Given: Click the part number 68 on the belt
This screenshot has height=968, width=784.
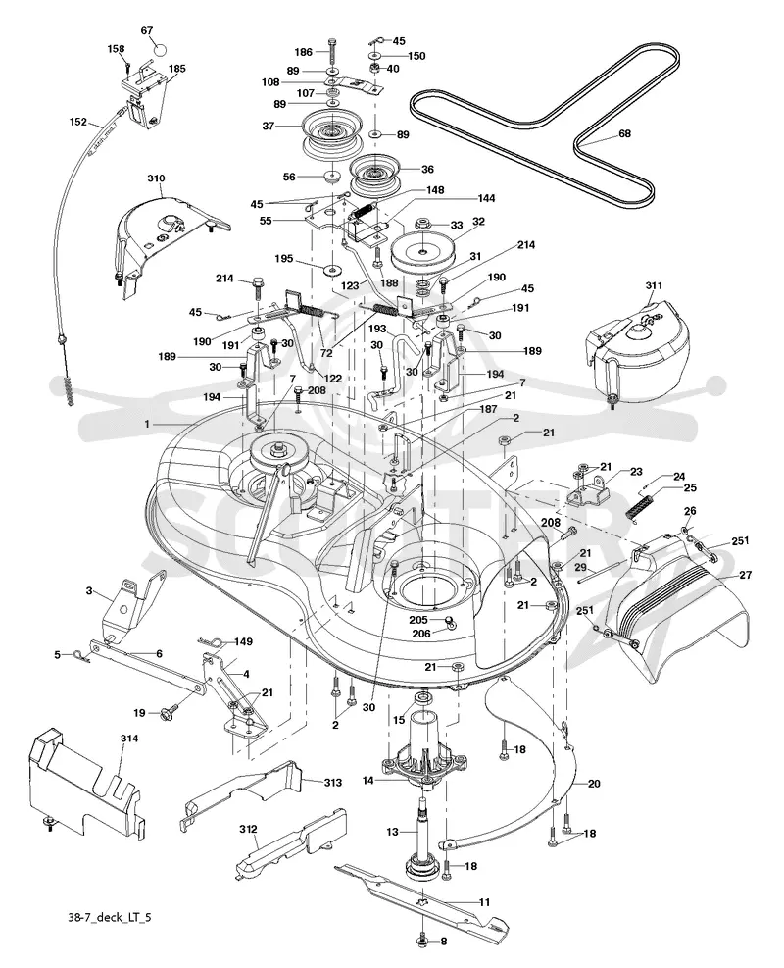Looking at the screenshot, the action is point(625,133).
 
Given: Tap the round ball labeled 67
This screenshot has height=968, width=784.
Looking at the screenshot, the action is point(161,48).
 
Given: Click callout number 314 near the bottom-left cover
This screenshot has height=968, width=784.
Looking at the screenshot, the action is point(129,739).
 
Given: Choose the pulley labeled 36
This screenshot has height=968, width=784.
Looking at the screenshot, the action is point(375,173).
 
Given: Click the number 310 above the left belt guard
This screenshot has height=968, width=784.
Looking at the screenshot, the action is point(156,178).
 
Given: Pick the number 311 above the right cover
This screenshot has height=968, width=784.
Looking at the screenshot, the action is point(654,285).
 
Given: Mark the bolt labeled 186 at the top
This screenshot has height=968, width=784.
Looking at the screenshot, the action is point(333,53).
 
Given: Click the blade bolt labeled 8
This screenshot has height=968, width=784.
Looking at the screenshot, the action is point(422,940).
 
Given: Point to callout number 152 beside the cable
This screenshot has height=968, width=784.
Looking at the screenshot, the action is point(78,123).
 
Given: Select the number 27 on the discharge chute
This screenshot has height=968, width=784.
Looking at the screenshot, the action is point(745,575).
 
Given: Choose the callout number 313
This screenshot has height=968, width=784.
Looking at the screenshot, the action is point(333,783).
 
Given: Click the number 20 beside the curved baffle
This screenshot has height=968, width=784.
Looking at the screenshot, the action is point(594,784).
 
